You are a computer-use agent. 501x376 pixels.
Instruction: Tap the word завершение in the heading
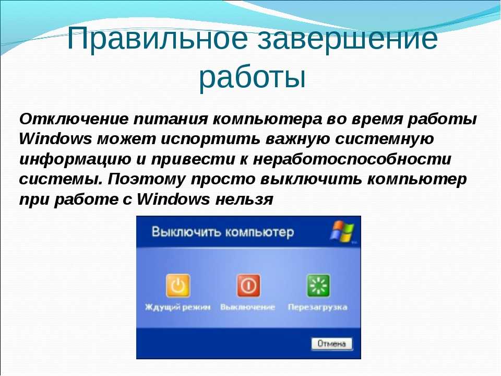[x=348, y=38]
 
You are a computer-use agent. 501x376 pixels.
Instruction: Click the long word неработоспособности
[x=352, y=159]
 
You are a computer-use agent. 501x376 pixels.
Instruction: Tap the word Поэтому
[x=146, y=179]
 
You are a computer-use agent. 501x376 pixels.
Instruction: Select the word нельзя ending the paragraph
[x=244, y=199]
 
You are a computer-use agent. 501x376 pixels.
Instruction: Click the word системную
[x=385, y=139]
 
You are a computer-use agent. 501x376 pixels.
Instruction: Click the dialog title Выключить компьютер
[x=222, y=231]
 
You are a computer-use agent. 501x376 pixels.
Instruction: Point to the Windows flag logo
[x=342, y=231]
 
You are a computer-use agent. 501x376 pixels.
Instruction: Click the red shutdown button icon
[x=248, y=285]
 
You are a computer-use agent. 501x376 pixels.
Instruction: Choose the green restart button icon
[x=318, y=285]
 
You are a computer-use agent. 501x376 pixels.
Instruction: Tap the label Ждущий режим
[x=177, y=307]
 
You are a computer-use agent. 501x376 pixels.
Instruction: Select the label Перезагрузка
[x=317, y=307]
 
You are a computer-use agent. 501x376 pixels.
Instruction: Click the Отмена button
[x=332, y=344]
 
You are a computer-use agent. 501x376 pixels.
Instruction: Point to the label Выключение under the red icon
[x=247, y=307]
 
